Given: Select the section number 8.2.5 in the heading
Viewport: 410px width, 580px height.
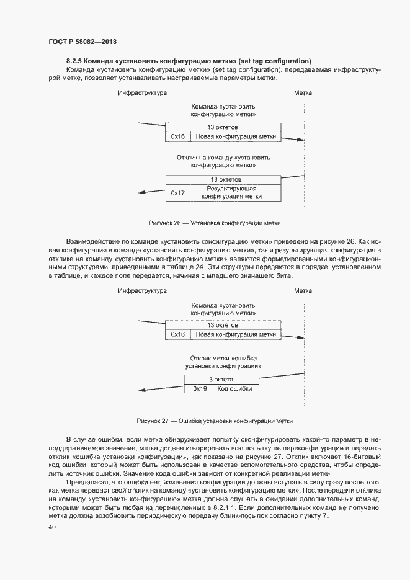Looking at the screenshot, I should pos(76,61).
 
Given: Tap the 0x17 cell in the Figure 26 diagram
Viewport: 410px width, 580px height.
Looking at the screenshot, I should pos(178,193).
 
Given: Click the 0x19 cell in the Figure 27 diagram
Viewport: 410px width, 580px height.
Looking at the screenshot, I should pos(199,388).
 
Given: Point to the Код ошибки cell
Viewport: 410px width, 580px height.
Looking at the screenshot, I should pos(237,388).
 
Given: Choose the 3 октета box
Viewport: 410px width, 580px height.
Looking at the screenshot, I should pos(221,379).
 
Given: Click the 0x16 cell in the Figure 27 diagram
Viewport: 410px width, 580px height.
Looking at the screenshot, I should pos(178,334).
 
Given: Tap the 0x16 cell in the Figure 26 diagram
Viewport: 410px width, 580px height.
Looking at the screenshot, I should pos(178,136).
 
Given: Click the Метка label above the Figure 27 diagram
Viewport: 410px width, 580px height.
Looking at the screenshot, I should pos(303,290).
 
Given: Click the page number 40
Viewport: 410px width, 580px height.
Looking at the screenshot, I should pos(51,527).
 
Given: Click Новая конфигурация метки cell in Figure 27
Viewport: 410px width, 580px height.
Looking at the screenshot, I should pos(236,334).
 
